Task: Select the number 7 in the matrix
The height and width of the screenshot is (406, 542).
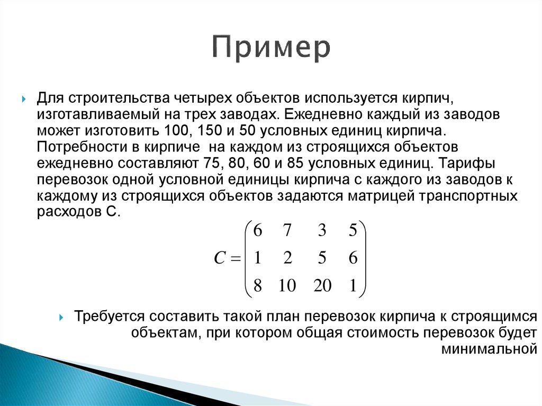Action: pyautogui.click(x=287, y=231)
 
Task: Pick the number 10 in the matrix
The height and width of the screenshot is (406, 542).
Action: pyautogui.click(x=287, y=286)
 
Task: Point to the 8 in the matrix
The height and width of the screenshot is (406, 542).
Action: pyautogui.click(x=258, y=286)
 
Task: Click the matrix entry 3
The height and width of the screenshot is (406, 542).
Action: pyautogui.click(x=322, y=231)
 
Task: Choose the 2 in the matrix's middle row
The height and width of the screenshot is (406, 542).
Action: pyautogui.click(x=287, y=258)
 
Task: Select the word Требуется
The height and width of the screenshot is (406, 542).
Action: pyautogui.click(x=109, y=317)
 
